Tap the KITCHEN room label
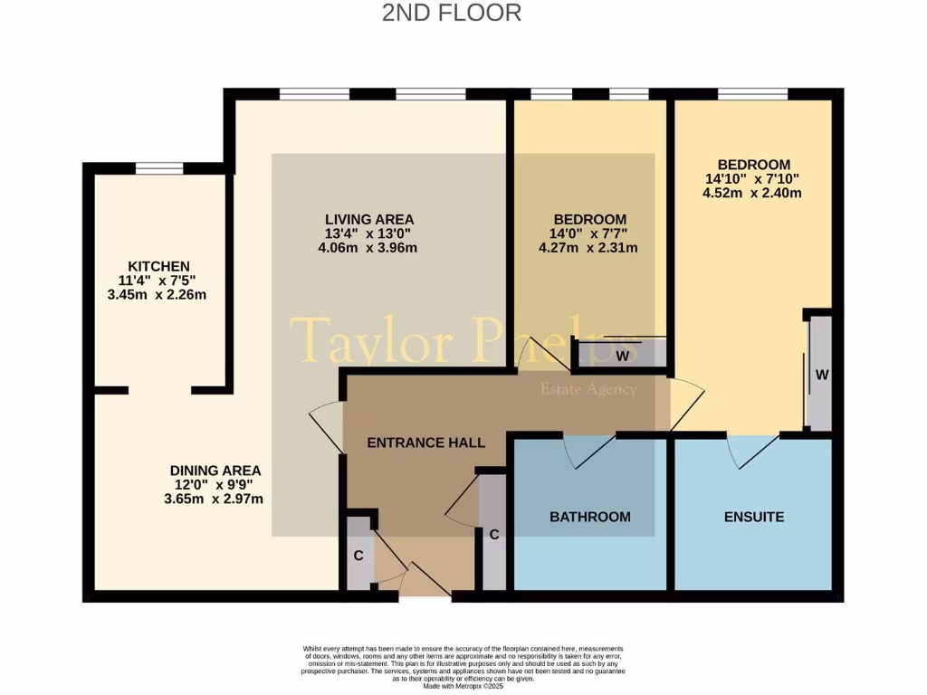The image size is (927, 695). click(158, 266)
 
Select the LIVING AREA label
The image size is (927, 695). click(369, 219)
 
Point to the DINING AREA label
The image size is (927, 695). click(215, 471)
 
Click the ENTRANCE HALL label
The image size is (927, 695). click(425, 443)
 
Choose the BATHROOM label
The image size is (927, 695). click(590, 517)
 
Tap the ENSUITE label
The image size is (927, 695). click(753, 517)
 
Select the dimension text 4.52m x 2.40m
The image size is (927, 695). click(753, 193)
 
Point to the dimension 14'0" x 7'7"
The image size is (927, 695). click(590, 233)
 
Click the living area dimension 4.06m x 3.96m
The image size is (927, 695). click(369, 248)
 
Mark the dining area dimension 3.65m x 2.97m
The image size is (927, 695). click(215, 499)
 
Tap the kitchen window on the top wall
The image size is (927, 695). click(159, 167)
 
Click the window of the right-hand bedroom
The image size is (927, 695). click(752, 93)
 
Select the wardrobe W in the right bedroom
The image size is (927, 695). click(820, 373)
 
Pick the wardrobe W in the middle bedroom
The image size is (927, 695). click(623, 356)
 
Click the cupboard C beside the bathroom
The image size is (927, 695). click(493, 534)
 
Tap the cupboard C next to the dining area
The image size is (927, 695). click(359, 555)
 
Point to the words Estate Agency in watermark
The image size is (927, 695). click(588, 390)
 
